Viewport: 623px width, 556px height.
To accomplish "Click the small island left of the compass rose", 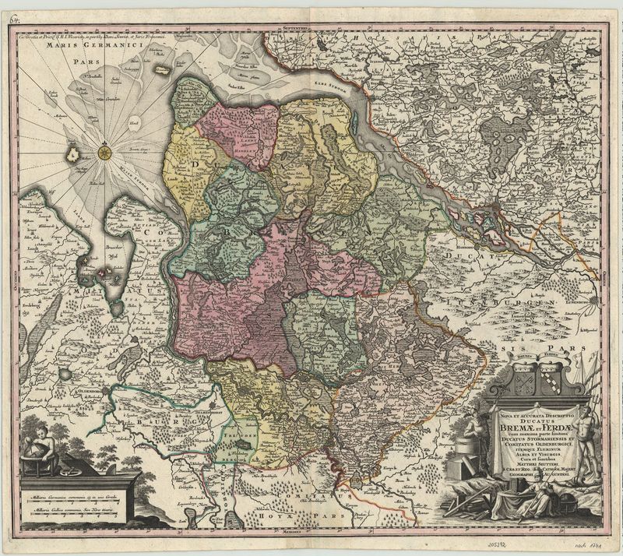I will coord(73,154).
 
